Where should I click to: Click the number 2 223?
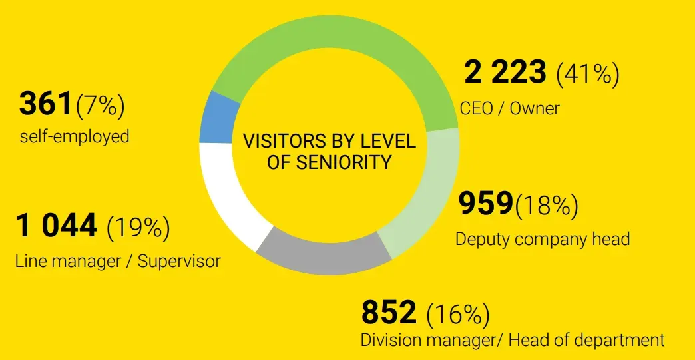coord(505,73)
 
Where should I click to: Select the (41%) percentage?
coord(588,74)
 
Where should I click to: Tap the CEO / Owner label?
coord(509,108)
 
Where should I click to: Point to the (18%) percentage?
coord(546,206)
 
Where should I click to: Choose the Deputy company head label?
coord(543,239)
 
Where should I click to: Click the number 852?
coord(389,312)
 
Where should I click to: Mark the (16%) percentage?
coord(458,313)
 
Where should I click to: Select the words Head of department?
coord(586,340)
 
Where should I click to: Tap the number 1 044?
coord(57,226)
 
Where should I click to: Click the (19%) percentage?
coord(138,228)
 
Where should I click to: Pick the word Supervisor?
coord(179,261)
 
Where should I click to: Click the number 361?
coord(46,104)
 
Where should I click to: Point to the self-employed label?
coord(75,137)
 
